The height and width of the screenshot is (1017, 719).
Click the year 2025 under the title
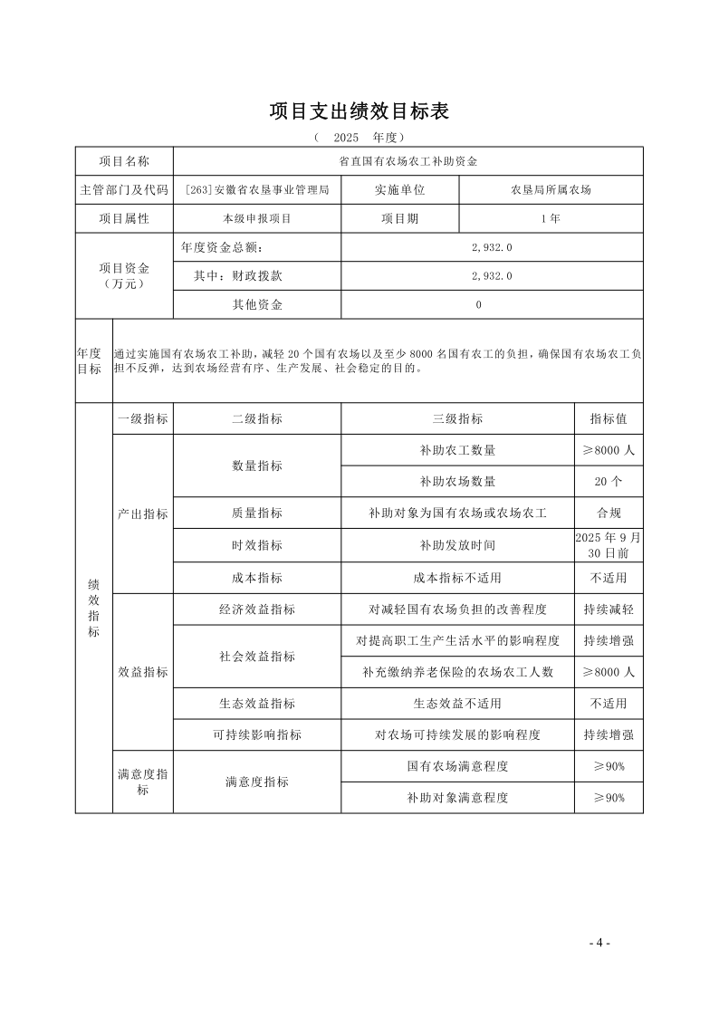coord(347,138)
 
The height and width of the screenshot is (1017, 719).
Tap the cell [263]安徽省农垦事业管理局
coord(256,190)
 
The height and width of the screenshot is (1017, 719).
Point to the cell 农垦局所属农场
coord(551,190)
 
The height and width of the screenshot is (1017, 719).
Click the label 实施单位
coord(399,190)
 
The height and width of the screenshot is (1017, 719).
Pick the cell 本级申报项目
coord(256,218)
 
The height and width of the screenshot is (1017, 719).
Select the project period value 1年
coord(551,218)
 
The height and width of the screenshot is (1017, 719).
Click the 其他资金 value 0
coord(479,304)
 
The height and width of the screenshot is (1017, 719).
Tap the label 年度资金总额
coord(225,247)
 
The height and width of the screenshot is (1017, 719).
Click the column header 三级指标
coord(457,418)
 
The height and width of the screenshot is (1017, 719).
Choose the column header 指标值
coord(609,418)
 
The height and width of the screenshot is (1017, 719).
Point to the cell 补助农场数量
coord(457,481)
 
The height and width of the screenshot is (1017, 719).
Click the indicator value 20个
coord(609,481)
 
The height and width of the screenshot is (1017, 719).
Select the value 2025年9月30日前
coord(609,544)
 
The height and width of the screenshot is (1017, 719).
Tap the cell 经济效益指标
coord(256,609)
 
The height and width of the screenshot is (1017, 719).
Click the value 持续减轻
coord(609,609)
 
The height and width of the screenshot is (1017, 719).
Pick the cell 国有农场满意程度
coord(457,766)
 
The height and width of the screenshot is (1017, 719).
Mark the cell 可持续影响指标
coord(256,734)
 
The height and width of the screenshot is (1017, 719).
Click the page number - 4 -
coord(599,943)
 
